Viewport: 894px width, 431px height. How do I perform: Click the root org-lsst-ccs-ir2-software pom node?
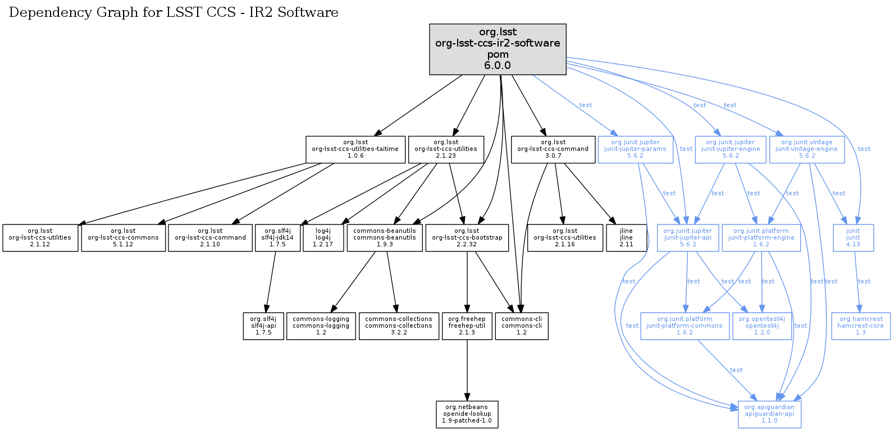pos(498,49)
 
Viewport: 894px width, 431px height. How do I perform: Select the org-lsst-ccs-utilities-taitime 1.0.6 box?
pos(355,149)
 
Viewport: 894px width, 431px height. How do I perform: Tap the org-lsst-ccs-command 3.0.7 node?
pos(553,149)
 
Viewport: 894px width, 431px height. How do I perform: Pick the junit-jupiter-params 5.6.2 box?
pos(635,149)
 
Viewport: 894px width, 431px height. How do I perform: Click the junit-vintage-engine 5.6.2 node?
pos(806,149)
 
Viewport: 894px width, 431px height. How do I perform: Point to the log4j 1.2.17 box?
pos(323,238)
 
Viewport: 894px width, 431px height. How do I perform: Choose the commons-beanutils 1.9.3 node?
pos(385,238)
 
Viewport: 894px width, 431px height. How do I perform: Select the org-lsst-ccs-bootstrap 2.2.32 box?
pos(467,238)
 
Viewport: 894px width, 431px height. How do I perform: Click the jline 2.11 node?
pos(626,238)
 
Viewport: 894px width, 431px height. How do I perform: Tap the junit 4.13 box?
pos(853,238)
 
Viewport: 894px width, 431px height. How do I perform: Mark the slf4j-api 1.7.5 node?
pos(263,326)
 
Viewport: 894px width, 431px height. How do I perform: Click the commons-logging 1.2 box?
pos(321,326)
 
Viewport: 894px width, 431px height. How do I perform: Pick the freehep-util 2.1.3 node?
pos(467,326)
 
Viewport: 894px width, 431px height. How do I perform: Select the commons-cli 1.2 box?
pos(522,326)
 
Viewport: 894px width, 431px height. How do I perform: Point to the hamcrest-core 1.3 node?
pos(860,326)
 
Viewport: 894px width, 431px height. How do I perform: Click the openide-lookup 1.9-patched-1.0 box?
pos(467,414)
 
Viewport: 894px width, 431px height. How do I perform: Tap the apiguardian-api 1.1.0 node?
pos(769,414)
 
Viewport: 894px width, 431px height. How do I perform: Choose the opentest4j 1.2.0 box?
pos(762,326)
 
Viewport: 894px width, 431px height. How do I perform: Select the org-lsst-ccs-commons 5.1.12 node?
pos(123,238)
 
